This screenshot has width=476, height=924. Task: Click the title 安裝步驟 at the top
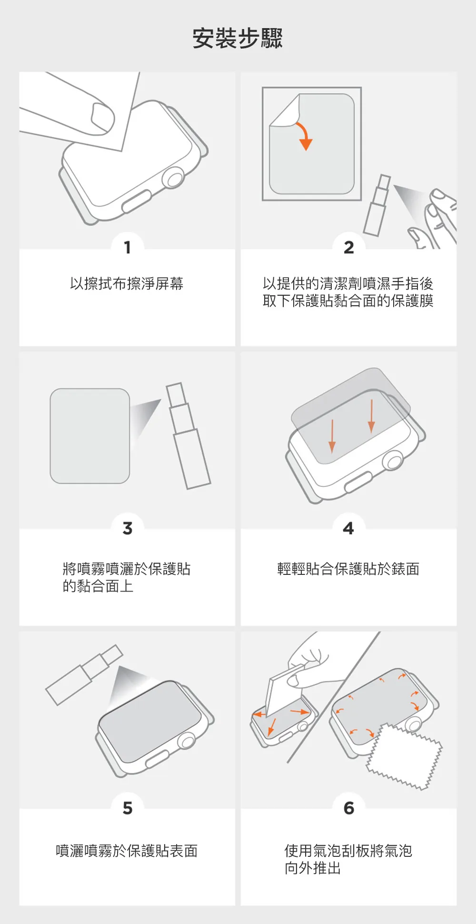pyautogui.click(x=238, y=38)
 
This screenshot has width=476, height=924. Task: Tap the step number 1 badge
pyautogui.click(x=127, y=247)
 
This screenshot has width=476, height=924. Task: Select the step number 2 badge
pyautogui.click(x=349, y=247)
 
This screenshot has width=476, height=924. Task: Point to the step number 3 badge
pyautogui.click(x=127, y=528)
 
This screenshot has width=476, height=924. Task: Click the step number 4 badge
pyautogui.click(x=349, y=528)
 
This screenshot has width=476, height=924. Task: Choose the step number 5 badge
pyautogui.click(x=127, y=808)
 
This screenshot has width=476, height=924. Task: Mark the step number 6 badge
pyautogui.click(x=349, y=808)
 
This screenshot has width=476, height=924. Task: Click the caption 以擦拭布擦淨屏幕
pyautogui.click(x=127, y=284)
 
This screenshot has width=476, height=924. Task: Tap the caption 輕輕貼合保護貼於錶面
pyautogui.click(x=348, y=569)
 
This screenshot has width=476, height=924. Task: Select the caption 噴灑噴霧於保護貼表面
pyautogui.click(x=127, y=851)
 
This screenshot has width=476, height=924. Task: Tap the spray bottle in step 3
pyautogui.click(x=188, y=436)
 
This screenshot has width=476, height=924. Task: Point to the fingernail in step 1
pyautogui.click(x=103, y=117)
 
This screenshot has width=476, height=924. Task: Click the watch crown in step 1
pyautogui.click(x=174, y=179)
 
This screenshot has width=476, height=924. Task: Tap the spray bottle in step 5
pyautogui.click(x=84, y=674)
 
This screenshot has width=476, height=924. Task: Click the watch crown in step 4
pyautogui.click(x=393, y=460)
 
